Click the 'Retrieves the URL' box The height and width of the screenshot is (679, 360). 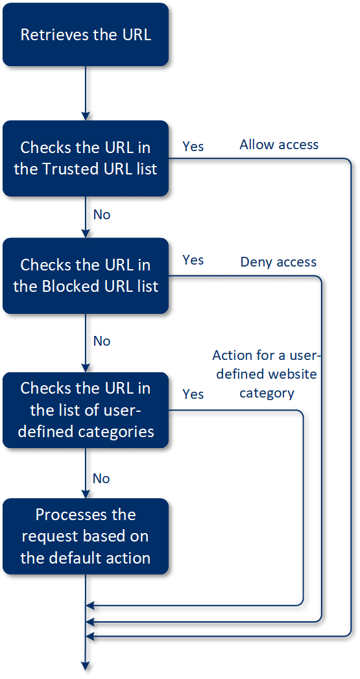pos(86,35)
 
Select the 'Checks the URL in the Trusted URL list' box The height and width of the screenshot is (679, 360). pos(86,158)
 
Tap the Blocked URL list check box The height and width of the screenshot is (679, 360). pos(86,276)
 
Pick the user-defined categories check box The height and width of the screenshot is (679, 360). pos(86,410)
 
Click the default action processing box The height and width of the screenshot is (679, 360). pos(86,536)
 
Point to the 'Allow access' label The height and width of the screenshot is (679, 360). pos(279,144)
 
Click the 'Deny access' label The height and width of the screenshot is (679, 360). pos(278,262)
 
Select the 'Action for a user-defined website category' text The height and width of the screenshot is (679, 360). pos(267,374)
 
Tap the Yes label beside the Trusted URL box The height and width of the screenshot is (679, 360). pos(193,147)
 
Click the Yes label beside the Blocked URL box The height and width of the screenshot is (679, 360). pos(193,260)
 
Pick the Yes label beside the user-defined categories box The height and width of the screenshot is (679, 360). pos(193,394)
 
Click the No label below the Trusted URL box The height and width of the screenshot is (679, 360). pos(102,214)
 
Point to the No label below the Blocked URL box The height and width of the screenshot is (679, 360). pos(102,341)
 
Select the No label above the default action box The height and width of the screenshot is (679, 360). pos(102,479)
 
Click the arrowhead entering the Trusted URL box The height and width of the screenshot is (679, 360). pos(86,115)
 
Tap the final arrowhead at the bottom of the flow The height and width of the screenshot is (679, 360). pos(86,664)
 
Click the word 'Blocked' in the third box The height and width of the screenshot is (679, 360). pos(69,287)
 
